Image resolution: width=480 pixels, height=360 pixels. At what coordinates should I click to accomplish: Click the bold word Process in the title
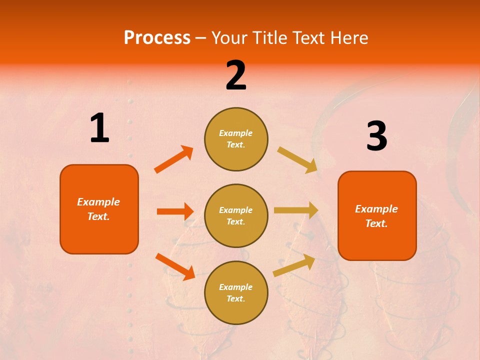click(x=157, y=38)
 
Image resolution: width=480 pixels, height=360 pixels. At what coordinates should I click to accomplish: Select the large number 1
click(x=99, y=128)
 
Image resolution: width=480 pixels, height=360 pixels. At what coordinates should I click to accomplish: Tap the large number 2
click(x=236, y=75)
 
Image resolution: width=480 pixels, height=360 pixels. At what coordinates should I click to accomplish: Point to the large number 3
click(x=376, y=136)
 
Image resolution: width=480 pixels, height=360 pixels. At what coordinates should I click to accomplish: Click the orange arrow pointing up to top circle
click(x=174, y=159)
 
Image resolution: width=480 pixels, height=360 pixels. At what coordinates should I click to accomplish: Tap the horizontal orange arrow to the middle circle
click(x=175, y=211)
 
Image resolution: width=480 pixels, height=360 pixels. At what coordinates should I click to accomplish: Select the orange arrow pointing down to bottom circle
click(x=175, y=266)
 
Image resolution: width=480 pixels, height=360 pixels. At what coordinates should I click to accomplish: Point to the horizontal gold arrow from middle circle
click(x=295, y=210)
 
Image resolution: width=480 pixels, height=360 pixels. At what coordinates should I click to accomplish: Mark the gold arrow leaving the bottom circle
click(x=294, y=265)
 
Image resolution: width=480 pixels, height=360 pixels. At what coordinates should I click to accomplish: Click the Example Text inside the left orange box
click(x=98, y=209)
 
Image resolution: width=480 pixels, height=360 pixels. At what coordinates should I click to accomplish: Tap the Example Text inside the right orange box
click(x=376, y=216)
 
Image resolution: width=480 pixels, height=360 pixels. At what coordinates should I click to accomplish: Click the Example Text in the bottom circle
click(x=235, y=293)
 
